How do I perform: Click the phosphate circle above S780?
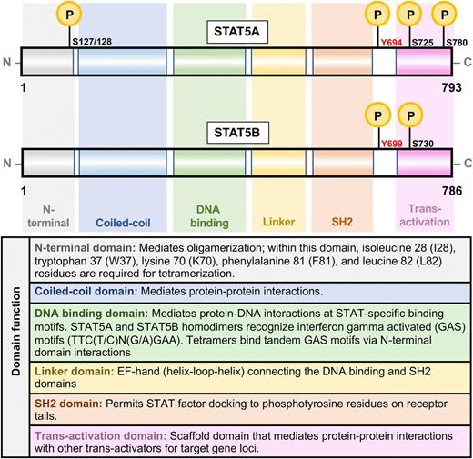(443, 14)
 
